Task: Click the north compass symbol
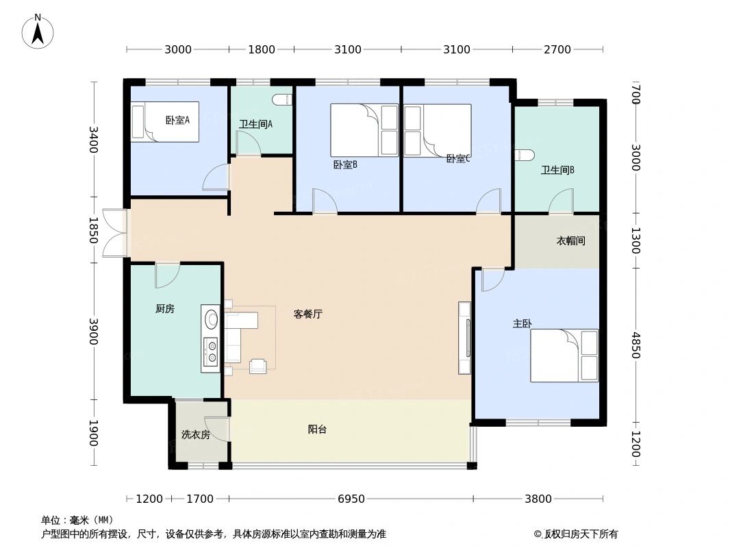click(38, 31)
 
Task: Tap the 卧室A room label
click(177, 121)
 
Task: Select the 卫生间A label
click(256, 124)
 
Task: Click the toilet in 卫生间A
click(281, 100)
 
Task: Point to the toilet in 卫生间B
click(524, 155)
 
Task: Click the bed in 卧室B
click(364, 130)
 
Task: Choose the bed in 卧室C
click(438, 130)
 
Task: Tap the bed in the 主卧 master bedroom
click(564, 356)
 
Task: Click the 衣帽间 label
click(570, 241)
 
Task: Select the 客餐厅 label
click(308, 314)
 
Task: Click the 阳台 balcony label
click(317, 429)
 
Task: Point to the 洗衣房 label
click(195, 434)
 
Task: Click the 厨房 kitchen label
click(165, 309)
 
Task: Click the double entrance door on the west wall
click(115, 233)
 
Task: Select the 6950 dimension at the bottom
click(351, 499)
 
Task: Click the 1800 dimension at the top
click(261, 49)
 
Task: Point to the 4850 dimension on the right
click(635, 345)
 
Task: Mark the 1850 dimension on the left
click(94, 230)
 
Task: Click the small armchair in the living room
click(258, 366)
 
